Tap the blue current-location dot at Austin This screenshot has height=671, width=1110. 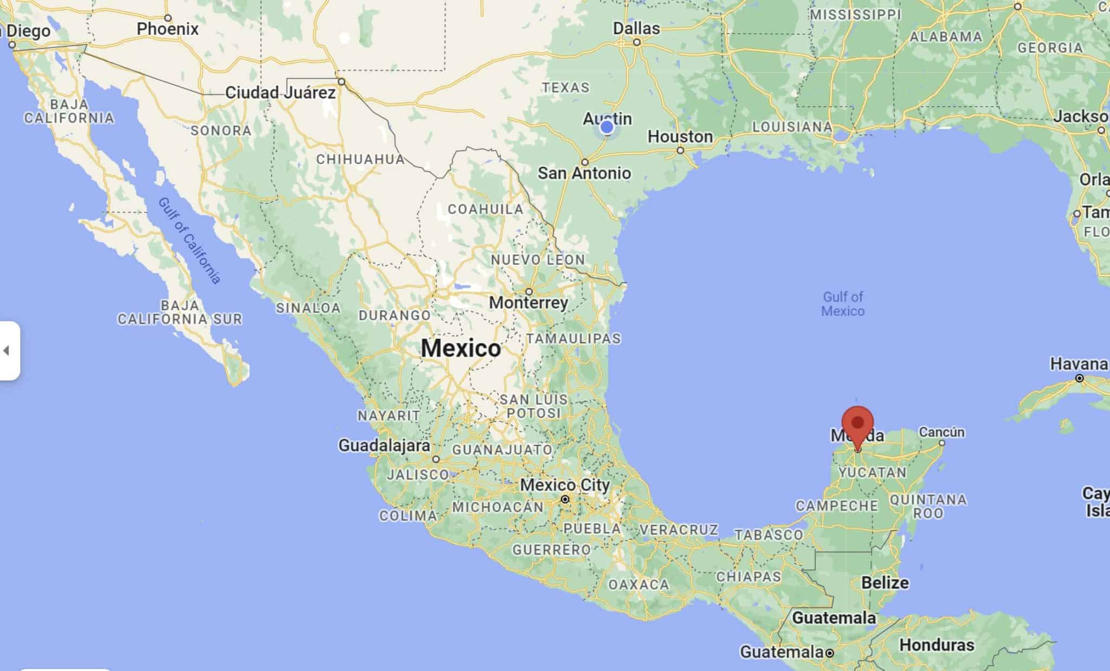pos(607,127)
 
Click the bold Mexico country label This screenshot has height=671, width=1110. pos(461,348)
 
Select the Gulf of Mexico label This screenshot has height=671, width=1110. pos(843,304)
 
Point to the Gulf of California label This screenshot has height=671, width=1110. pos(190,240)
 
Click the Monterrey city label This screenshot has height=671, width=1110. pos(528,303)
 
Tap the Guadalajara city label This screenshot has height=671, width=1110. pos(384,446)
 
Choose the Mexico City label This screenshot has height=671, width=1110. pos(565,485)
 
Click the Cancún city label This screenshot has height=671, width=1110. pos(942,433)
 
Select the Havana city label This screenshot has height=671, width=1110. pos(1079,364)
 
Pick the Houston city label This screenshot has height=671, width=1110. pos(680,137)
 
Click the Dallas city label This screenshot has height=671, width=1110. pos(637,29)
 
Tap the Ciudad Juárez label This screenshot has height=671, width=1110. pos(280,93)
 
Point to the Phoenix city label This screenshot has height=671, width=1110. pos(167,29)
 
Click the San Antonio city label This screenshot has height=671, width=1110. pos(584,173)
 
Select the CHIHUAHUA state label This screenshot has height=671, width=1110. pos(360,159)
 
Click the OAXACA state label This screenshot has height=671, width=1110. pos(638,585)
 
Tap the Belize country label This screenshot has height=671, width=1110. pos(885,583)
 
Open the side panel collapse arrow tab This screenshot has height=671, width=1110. pos(8,350)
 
